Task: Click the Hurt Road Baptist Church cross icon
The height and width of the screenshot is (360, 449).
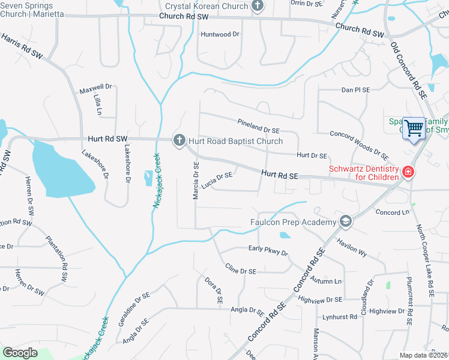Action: [178, 140]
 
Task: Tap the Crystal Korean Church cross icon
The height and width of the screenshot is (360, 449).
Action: [258, 6]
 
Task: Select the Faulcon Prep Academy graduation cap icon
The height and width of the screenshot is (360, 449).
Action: [345, 222]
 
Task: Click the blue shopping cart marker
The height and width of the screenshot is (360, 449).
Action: [413, 128]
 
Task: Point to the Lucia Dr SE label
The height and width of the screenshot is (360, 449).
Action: [217, 179]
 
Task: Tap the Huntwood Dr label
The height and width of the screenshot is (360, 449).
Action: [220, 34]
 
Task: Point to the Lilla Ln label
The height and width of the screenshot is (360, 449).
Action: [98, 104]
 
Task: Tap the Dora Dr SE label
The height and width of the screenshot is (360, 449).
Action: [214, 289]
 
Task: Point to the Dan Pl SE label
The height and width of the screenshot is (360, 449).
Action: [355, 89]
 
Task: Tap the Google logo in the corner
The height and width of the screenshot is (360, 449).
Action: [20, 352]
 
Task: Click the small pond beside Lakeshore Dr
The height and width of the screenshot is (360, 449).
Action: [148, 178]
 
